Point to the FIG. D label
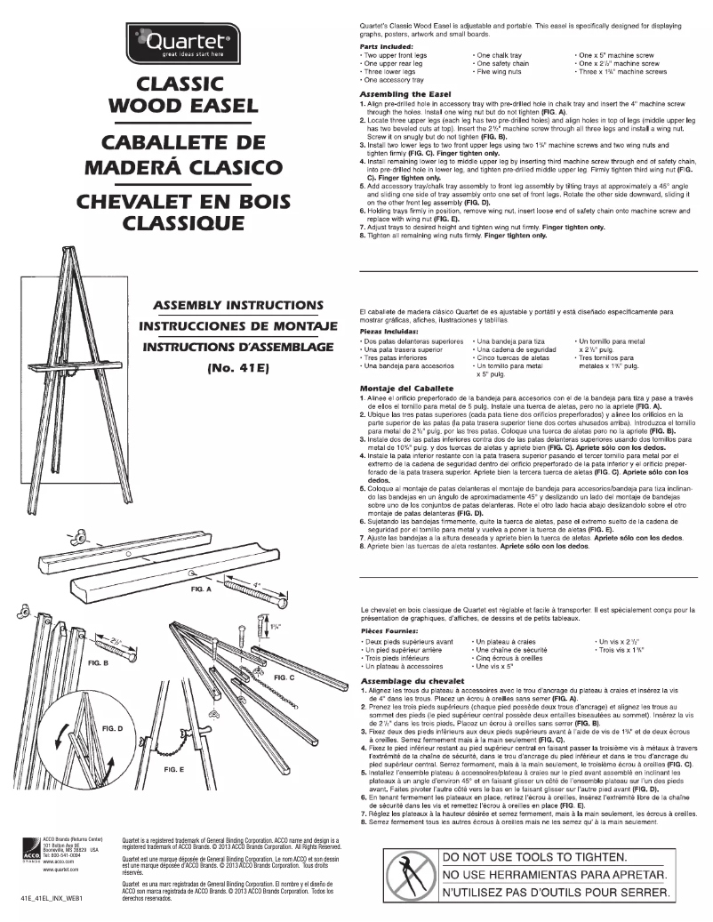coord(113,728)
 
